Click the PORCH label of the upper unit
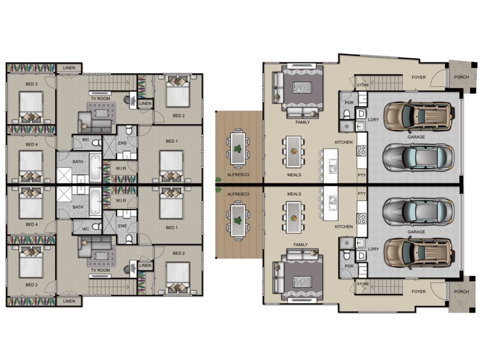coord(461,77)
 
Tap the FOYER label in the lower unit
coord(418,292)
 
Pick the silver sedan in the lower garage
coord(418,211)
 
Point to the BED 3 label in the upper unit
coord(32,84)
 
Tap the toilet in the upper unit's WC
coord(97,143)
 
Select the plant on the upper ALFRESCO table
coord(237,149)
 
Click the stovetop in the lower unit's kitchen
coord(362,218)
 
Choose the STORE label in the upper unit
coord(363,85)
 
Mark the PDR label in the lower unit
coord(349,266)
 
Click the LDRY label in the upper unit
coord(373,119)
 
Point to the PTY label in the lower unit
coord(362,194)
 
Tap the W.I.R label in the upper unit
coord(121,169)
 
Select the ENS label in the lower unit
coord(122,226)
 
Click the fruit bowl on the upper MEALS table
coord(293,151)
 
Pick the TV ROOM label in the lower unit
coord(100,271)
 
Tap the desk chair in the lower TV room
coord(127,269)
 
